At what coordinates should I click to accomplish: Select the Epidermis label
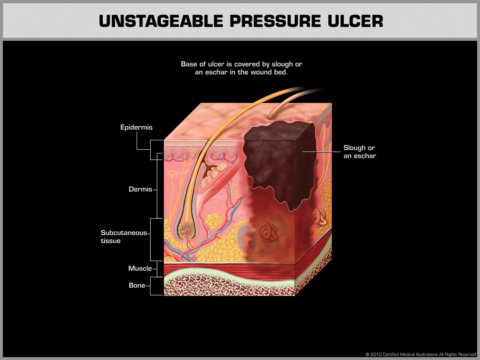(136, 128)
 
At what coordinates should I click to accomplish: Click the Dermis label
(141, 189)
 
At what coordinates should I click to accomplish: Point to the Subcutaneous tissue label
(123, 237)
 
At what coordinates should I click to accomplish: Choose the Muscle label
(140, 268)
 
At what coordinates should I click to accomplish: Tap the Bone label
(137, 286)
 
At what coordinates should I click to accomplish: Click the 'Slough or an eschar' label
(360, 152)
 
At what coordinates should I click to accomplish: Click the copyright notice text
(420, 354)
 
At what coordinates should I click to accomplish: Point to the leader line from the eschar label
(319, 152)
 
